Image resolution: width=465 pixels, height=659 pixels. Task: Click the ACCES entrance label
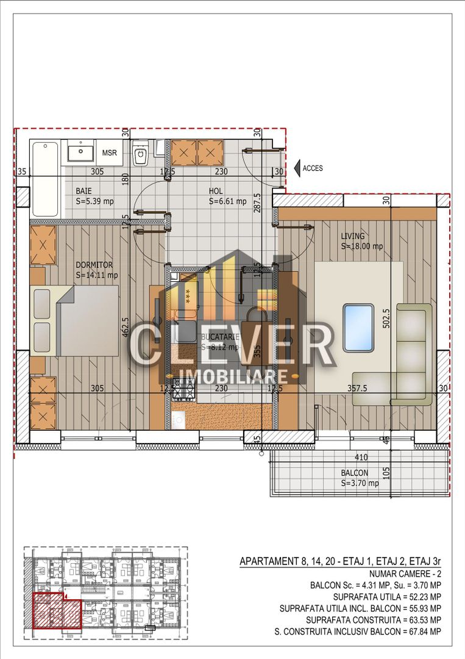[313, 168]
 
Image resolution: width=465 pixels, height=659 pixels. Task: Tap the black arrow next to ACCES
[297, 168]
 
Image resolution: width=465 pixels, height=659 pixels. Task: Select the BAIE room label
[84, 190]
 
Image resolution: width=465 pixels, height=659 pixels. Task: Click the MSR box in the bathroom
[110, 153]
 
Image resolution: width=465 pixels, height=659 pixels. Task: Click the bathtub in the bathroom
[45, 179]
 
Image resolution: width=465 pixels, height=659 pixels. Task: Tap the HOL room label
[216, 190]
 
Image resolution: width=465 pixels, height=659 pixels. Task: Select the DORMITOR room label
[94, 265]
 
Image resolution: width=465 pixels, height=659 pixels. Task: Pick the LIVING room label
[353, 236]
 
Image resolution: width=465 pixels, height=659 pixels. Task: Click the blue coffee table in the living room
[358, 328]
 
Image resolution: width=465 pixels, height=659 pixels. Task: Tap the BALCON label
[355, 473]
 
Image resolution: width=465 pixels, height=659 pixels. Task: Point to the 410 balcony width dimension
[362, 456]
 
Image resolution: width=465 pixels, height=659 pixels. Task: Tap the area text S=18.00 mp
[362, 247]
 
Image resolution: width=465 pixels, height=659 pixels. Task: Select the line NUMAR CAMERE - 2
[405, 574]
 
